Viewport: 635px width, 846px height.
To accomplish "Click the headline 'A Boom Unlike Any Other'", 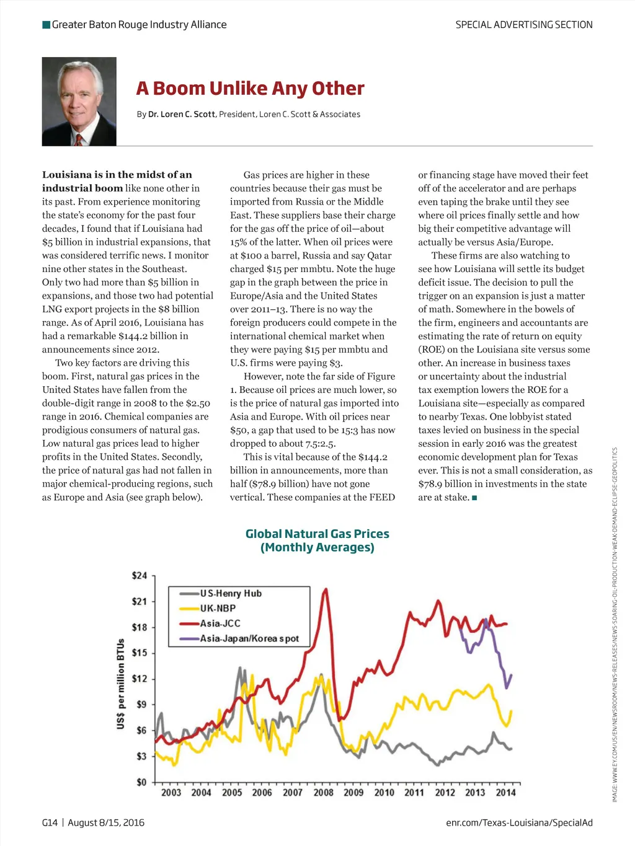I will click(x=250, y=89).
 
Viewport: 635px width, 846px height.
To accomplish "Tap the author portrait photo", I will click(x=79, y=102).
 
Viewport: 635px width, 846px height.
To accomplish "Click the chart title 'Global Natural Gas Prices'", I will click(x=317, y=534).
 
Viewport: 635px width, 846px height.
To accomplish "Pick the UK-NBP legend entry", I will click(x=218, y=608).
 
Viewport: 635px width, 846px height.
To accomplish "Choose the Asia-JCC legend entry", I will click(x=220, y=623).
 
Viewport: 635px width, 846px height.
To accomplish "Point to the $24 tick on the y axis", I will click(x=140, y=576).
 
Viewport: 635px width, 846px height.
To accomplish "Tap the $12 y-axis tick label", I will click(x=140, y=679).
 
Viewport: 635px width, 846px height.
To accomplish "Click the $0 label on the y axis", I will click(x=141, y=782).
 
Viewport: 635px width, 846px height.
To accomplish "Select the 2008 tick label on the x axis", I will click(x=323, y=792).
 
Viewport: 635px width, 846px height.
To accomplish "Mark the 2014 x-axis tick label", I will click(x=505, y=792).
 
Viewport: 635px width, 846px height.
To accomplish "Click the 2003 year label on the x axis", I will click(x=171, y=792).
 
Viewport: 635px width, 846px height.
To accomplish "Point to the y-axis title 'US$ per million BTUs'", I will click(x=121, y=684).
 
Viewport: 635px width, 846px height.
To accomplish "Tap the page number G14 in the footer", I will click(x=50, y=822).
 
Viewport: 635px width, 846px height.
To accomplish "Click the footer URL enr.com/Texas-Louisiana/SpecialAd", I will click(x=519, y=822).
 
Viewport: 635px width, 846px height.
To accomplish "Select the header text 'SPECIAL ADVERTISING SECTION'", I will click(x=524, y=25).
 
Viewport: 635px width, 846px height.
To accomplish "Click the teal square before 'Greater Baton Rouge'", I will click(x=46, y=25).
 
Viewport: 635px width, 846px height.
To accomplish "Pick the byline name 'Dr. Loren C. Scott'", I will click(x=182, y=114).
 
